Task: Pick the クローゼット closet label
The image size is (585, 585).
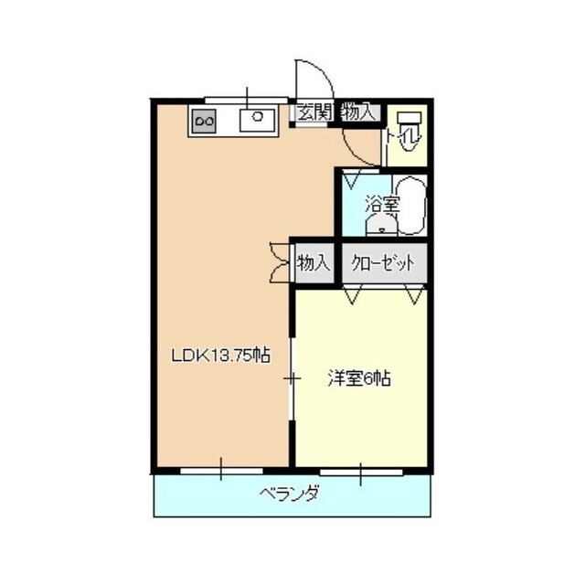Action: (383, 263)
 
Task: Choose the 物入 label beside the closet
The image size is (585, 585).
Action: (313, 263)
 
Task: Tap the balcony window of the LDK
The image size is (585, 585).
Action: (221, 472)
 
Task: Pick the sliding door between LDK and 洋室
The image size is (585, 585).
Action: (292, 378)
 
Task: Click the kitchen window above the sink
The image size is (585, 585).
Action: (247, 97)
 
